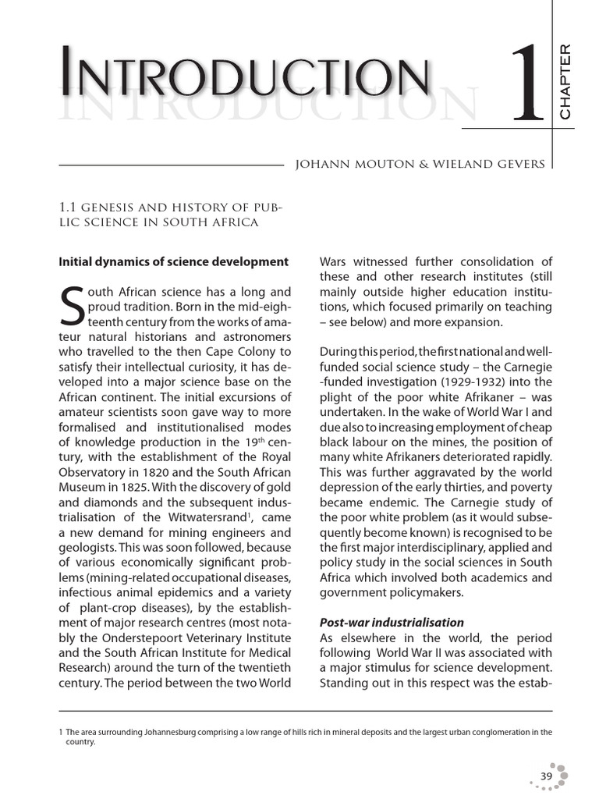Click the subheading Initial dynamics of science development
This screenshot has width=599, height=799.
tap(174, 261)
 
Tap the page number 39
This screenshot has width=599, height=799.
tap(546, 776)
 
